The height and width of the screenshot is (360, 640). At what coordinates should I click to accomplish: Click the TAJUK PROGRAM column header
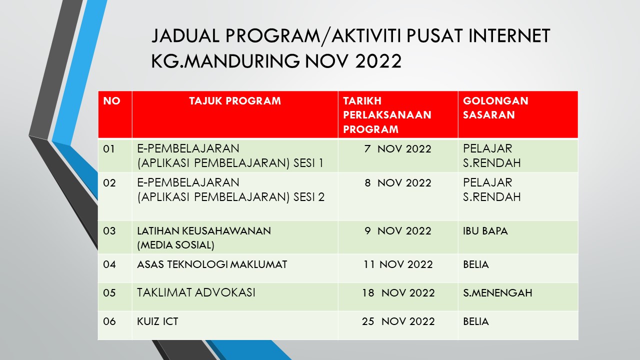point(235,101)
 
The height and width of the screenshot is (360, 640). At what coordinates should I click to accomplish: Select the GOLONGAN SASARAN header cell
point(495,107)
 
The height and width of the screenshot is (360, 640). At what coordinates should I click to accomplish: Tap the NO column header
point(111,101)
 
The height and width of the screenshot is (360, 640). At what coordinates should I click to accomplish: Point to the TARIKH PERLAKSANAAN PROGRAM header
point(387,115)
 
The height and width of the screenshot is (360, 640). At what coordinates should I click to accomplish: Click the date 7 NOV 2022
point(397,149)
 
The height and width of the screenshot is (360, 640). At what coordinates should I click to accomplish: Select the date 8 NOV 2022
point(397,183)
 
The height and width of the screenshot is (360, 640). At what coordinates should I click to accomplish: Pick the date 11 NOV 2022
point(397,264)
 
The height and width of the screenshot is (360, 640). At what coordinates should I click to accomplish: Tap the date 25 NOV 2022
point(398,321)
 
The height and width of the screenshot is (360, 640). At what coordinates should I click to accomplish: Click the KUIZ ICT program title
point(157,321)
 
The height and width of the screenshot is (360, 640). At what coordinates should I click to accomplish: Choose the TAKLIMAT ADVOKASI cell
point(196,293)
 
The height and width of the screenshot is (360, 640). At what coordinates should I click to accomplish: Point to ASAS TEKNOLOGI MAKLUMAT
point(212,264)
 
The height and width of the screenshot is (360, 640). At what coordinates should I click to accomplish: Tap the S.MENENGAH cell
point(497,293)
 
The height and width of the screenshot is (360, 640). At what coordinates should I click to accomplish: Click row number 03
point(109,231)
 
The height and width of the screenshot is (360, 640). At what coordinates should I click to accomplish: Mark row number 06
point(109,321)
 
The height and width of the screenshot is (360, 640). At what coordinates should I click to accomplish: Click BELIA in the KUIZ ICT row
point(475,321)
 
